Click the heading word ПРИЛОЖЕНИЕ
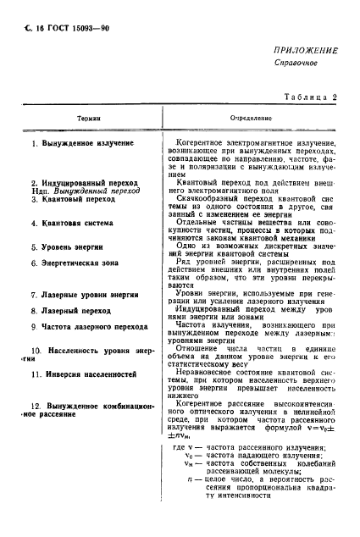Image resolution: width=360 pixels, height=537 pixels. (306, 51)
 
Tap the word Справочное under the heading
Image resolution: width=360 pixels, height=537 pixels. (298, 64)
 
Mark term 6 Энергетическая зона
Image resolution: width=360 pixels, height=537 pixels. (76, 264)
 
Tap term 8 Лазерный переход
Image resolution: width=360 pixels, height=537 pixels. (69, 312)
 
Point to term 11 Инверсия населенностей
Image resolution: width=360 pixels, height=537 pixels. (81, 374)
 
